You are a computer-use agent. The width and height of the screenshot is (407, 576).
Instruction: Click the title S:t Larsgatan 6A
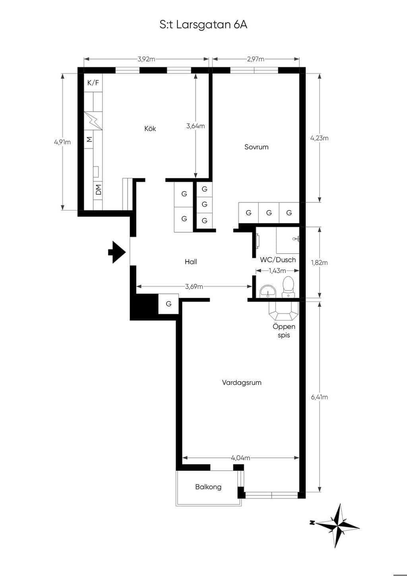[203, 25]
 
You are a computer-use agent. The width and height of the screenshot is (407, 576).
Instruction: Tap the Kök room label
[150, 128]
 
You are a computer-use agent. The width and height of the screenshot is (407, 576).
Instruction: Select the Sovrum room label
[256, 147]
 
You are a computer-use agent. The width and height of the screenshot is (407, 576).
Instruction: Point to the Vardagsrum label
[242, 382]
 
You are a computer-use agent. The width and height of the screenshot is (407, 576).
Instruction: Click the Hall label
[191, 262]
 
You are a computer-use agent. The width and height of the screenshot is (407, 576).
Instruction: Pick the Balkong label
[208, 487]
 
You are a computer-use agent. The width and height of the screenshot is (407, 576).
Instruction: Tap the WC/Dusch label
[278, 260]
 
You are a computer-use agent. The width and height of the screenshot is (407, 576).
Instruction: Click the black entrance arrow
[117, 252]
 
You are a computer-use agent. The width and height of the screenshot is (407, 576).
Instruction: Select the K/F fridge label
[93, 83]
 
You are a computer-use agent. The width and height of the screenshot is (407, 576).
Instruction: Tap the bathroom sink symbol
[268, 292]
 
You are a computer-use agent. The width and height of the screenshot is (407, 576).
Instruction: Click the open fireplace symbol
[283, 311]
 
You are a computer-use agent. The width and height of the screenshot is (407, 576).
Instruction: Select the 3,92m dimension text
[146, 59]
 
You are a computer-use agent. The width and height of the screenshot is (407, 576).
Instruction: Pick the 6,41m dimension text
[319, 397]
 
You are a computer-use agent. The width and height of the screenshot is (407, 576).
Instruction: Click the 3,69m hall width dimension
[194, 287]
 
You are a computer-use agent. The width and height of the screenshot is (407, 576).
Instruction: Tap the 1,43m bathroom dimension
[277, 271]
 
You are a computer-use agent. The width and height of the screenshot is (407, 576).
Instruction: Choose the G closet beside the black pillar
[169, 304]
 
